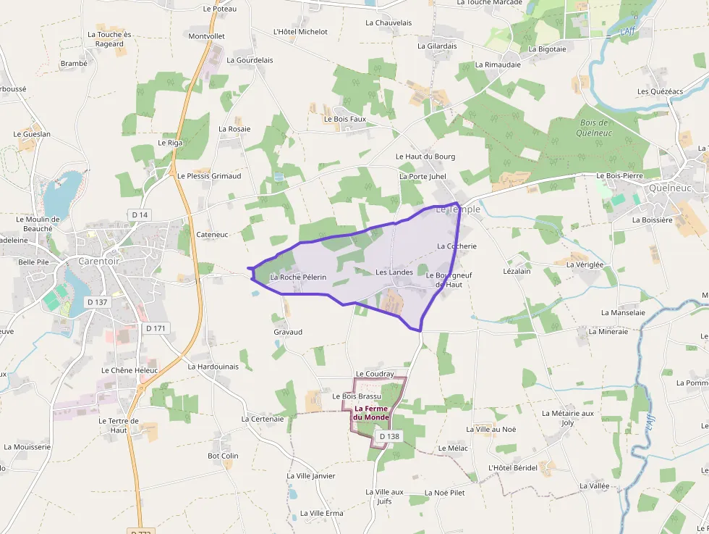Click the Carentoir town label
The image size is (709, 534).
[x=98, y=261]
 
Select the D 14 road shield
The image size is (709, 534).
[x=140, y=214]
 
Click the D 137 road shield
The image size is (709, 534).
[x=96, y=301]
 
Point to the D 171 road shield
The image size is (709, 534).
[x=156, y=328]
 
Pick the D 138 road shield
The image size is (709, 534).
[x=389, y=436]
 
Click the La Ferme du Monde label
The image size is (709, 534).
[x=371, y=413]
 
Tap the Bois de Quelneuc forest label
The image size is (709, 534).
[x=595, y=128]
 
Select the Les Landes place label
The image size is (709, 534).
[x=394, y=272]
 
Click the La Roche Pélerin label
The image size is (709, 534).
[x=298, y=278]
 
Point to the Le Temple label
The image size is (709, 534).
[x=458, y=209]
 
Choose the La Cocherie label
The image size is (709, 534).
[x=457, y=246]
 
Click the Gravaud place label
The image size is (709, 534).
[x=288, y=332]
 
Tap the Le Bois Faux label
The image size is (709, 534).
[x=345, y=119]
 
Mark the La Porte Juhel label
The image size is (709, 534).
[x=423, y=176]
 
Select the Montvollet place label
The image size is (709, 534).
[x=206, y=36]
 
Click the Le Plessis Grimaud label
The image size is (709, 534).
[x=209, y=176]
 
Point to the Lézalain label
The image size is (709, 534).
[x=517, y=271]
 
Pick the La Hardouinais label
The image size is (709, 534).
[x=213, y=367]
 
